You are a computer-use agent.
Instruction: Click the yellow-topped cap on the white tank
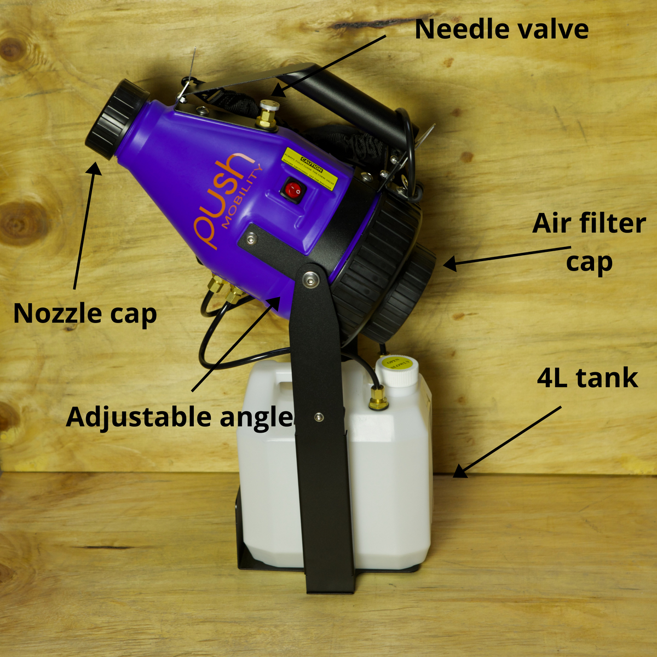pos(398,370)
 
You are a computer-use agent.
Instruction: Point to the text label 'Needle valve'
pos(501,29)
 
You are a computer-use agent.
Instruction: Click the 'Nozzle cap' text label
pos(85,314)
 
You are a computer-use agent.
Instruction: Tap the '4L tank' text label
pos(587,378)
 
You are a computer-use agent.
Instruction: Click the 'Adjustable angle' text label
pos(180,417)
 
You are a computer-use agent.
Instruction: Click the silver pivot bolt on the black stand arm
pos(310,280)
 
